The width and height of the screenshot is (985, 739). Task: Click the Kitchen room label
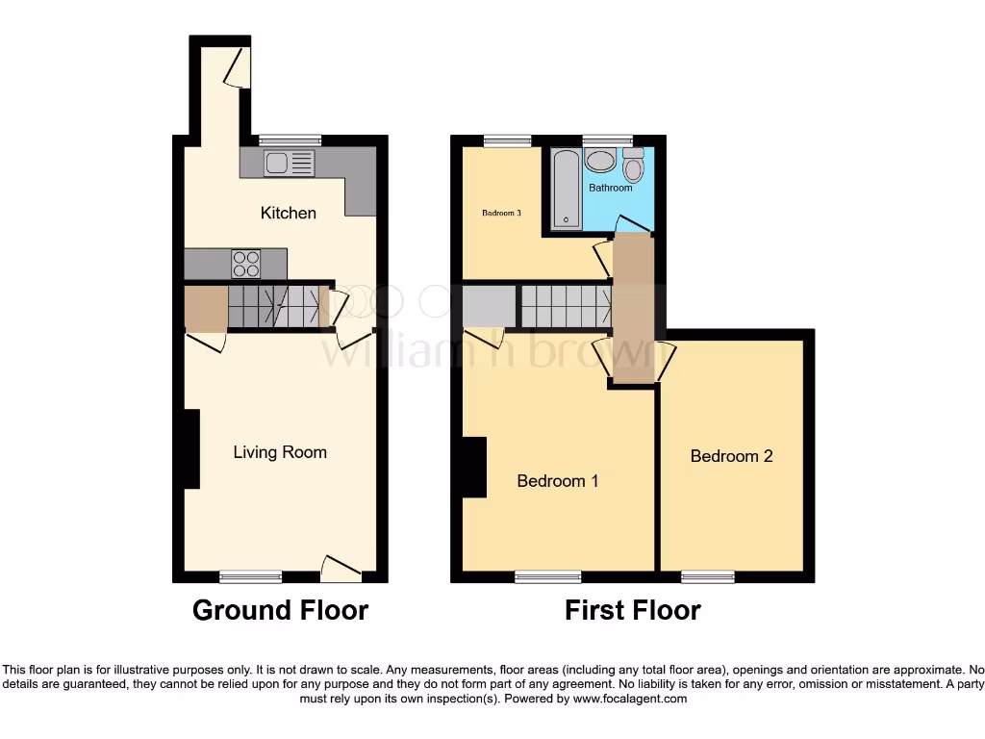288,213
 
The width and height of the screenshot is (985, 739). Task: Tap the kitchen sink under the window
290,164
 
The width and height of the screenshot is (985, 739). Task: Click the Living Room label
280,452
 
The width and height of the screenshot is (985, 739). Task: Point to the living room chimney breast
190,448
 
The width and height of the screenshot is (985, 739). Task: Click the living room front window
250,577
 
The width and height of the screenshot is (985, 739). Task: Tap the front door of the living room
341,570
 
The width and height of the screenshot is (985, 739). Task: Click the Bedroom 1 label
558,480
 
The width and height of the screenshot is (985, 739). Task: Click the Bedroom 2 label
731,456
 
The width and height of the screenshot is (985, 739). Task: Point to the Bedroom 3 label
501,213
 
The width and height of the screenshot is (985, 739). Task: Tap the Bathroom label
611,188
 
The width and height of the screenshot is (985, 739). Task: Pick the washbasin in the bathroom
601,161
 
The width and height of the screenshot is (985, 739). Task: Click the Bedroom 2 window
708,577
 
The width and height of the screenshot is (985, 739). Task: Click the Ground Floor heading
280,610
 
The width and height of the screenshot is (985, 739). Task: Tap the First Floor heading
632,610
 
